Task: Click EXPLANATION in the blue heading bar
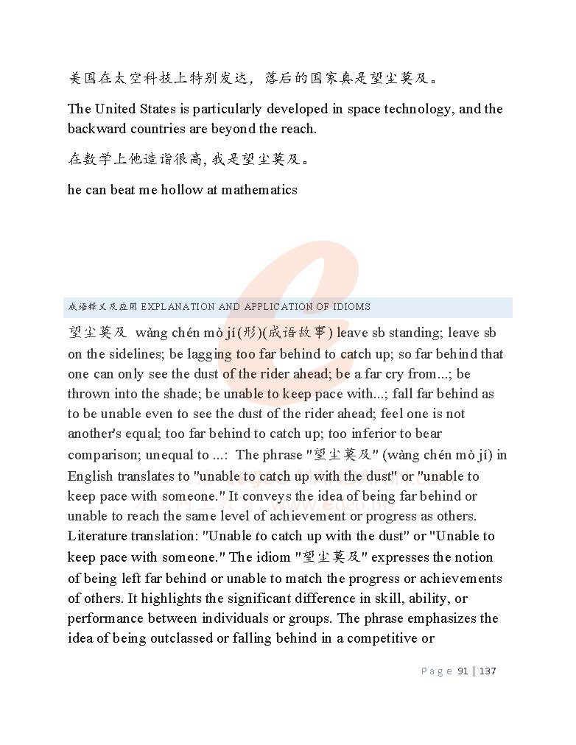pyautogui.click(x=178, y=307)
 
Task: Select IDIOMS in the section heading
pyautogui.click(x=351, y=307)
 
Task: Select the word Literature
pyautogui.click(x=96, y=536)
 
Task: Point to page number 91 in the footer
pyautogui.click(x=463, y=671)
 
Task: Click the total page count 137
pyautogui.click(x=488, y=671)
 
